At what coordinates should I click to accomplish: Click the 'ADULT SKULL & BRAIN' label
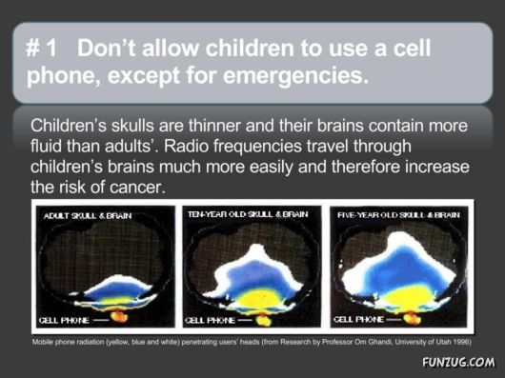coord(87,216)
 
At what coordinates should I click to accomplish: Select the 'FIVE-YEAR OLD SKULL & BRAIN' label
coord(398,214)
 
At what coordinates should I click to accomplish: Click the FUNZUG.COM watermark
coord(455,362)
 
